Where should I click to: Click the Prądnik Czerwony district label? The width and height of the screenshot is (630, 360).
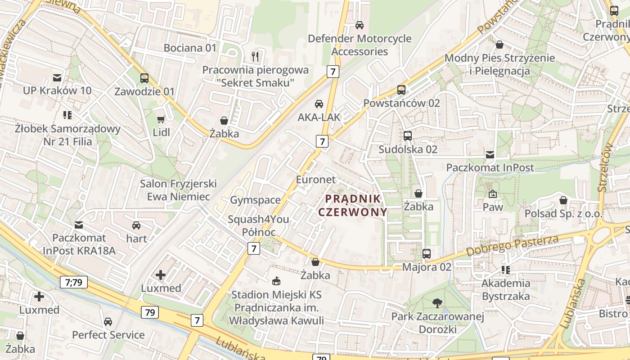click(x=353, y=205)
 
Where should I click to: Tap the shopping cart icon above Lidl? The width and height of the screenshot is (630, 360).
click(x=161, y=120)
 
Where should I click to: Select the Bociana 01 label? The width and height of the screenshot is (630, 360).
click(x=190, y=48)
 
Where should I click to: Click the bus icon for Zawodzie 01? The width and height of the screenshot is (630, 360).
click(x=144, y=78)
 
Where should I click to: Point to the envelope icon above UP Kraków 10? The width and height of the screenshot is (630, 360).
click(x=57, y=77)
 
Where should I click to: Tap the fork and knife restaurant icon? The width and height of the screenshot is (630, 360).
click(x=255, y=56)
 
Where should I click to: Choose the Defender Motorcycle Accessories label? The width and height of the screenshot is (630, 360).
click(x=360, y=45)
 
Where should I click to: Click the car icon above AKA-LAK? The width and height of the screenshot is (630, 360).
click(x=319, y=104)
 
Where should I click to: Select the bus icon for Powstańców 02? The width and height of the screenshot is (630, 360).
click(x=401, y=90)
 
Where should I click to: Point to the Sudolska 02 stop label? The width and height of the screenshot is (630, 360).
click(x=408, y=149)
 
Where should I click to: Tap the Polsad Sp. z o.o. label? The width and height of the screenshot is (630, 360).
click(x=563, y=213)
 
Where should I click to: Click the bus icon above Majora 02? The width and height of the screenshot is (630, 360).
click(x=427, y=254)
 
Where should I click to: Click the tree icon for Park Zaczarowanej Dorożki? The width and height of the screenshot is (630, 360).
click(x=437, y=303)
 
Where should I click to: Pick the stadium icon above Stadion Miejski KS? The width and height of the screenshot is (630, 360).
click(x=276, y=281)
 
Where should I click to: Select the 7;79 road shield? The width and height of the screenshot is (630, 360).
click(x=74, y=283)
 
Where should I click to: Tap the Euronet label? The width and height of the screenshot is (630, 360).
click(x=315, y=180)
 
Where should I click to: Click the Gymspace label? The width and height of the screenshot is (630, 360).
click(x=255, y=200)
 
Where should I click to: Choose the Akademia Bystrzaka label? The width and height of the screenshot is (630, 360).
click(x=506, y=290)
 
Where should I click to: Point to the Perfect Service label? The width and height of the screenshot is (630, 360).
click(x=108, y=335)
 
